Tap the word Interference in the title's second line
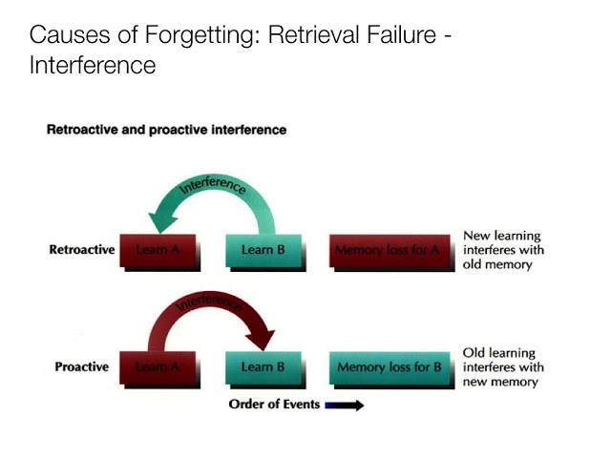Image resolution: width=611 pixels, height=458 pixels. click(93, 66)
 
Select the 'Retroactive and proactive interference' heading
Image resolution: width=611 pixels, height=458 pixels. click(166, 130)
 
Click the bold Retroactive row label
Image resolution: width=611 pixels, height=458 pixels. click(81, 250)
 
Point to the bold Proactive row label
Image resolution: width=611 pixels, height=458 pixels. click(81, 366)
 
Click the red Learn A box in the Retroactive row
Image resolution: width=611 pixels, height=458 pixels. click(159, 251)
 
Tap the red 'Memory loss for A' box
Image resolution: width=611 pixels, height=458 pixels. click(387, 251)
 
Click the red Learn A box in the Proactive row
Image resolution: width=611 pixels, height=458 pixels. click(159, 367)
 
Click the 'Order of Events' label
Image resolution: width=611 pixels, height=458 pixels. click(274, 405)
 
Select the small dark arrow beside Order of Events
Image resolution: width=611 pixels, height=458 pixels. click(345, 406)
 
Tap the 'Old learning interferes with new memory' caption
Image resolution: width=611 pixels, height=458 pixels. click(503, 367)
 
